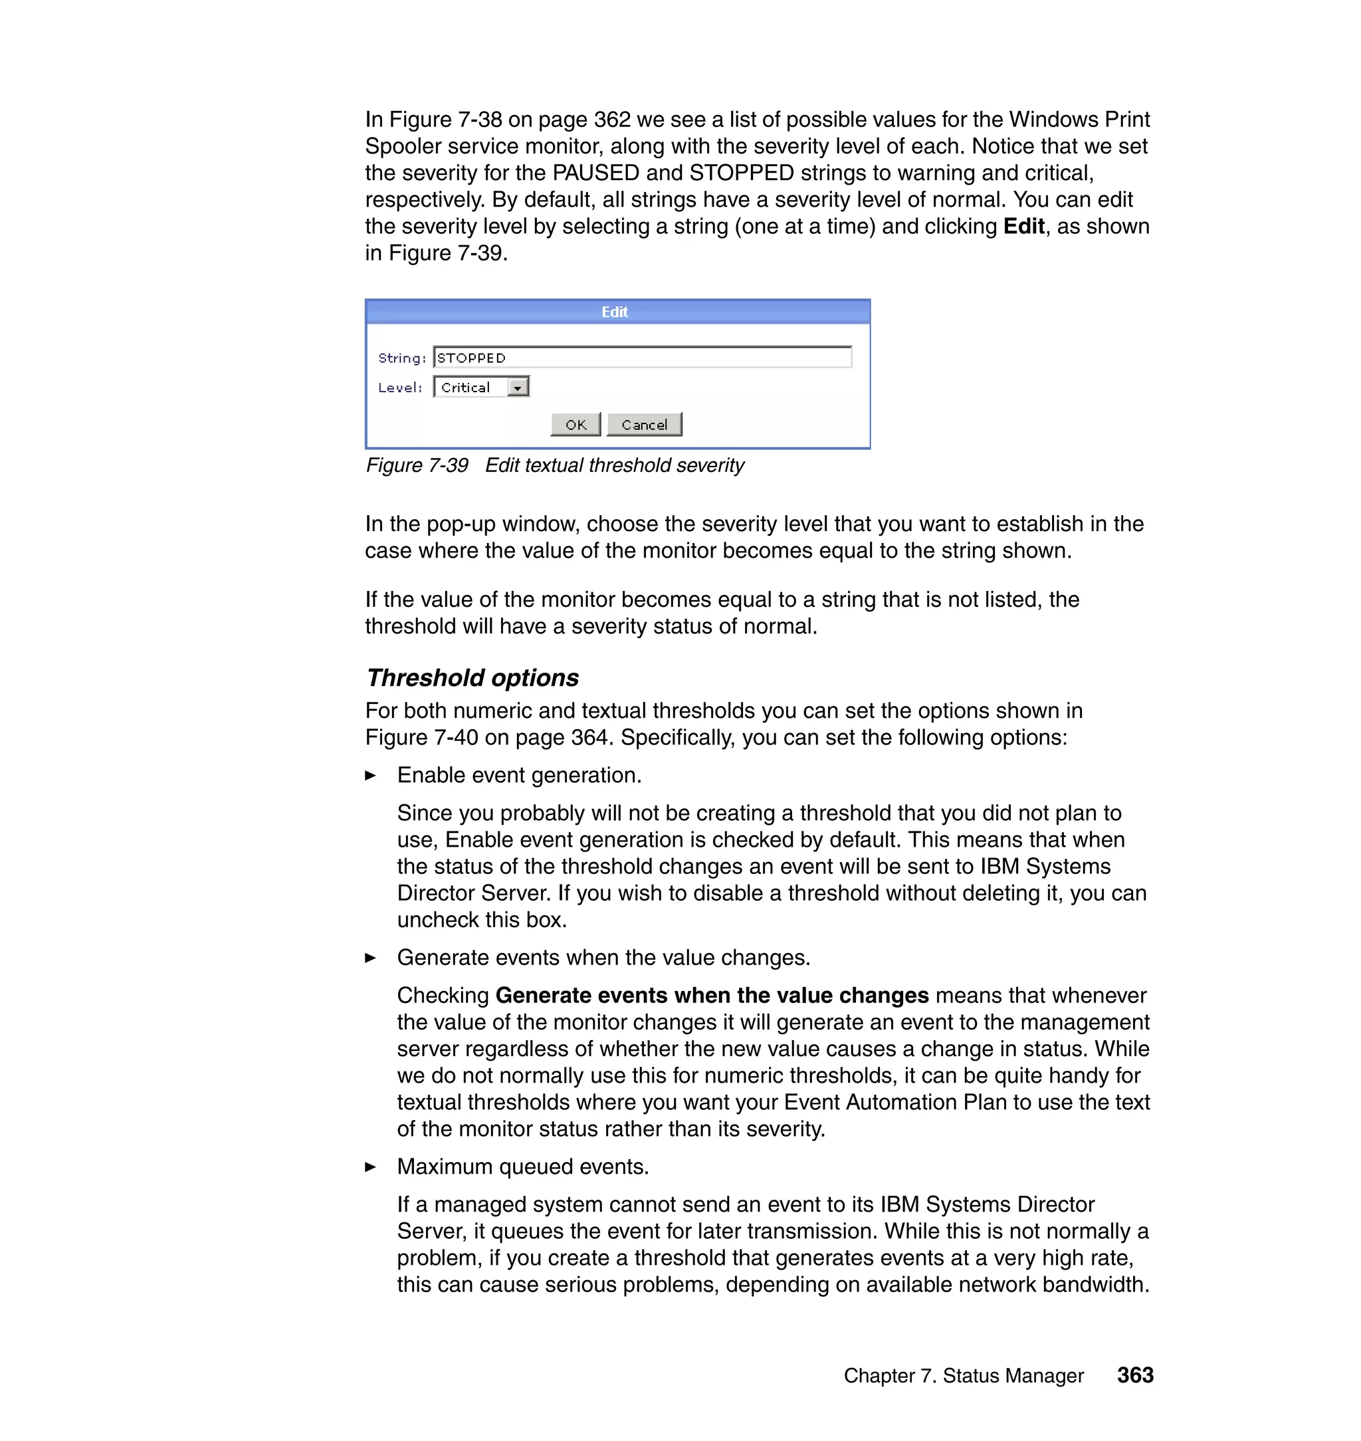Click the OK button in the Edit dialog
click(576, 425)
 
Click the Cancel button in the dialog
click(644, 425)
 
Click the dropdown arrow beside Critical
click(517, 388)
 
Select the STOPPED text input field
click(642, 358)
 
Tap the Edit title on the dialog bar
click(615, 312)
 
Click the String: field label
click(402, 358)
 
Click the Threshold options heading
click(472, 678)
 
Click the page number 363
click(1134, 1375)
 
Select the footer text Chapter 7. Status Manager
click(963, 1376)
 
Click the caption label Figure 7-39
click(417, 465)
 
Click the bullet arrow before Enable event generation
click(370, 776)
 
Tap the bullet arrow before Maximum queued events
click(370, 1166)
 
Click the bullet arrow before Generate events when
click(370, 958)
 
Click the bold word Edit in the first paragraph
click(1023, 227)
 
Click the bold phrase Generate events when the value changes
click(712, 996)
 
